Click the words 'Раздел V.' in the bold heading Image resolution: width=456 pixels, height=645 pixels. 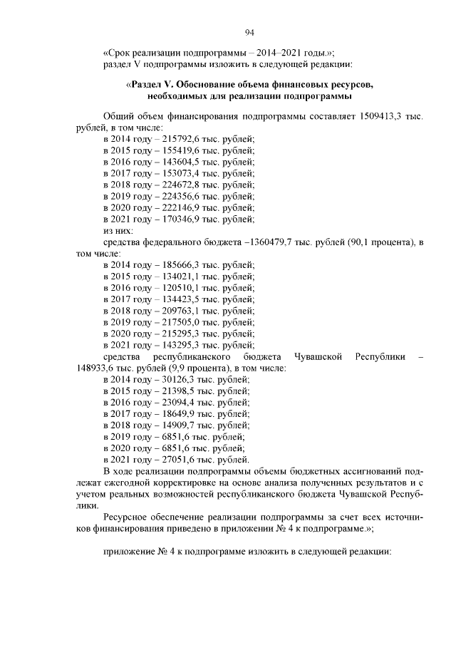click(154, 86)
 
